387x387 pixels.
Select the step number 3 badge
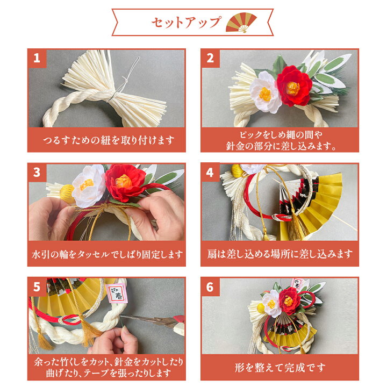pyautogui.click(x=37, y=173)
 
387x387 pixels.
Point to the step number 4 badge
pyautogui.click(x=210, y=173)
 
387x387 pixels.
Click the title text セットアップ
pyautogui.click(x=185, y=23)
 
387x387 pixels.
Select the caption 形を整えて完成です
pyautogui.click(x=280, y=368)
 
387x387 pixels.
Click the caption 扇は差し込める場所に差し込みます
pyautogui.click(x=280, y=254)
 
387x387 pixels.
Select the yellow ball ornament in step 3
pyautogui.click(x=67, y=192)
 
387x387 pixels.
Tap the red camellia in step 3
pyautogui.click(x=125, y=182)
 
